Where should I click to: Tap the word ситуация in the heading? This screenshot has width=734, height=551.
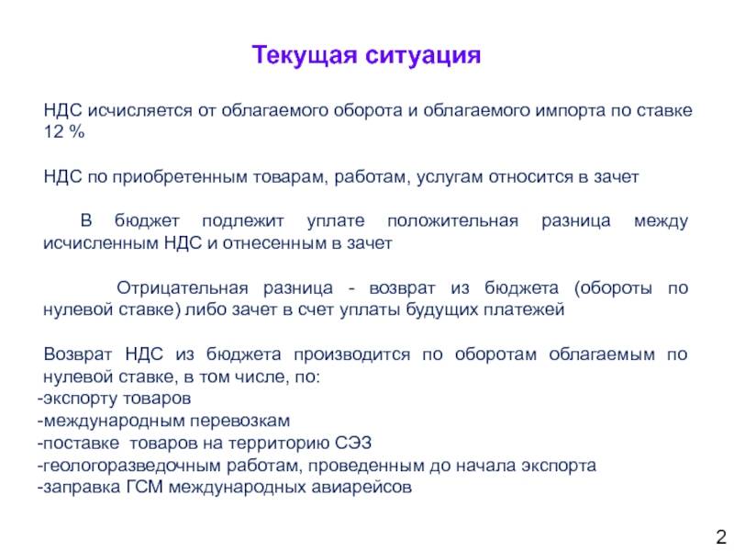pyautogui.click(x=423, y=56)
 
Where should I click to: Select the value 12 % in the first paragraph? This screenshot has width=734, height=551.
pyautogui.click(x=64, y=131)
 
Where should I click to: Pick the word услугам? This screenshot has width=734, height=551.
pyautogui.click(x=450, y=177)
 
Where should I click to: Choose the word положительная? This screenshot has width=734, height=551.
pyautogui.click(x=452, y=221)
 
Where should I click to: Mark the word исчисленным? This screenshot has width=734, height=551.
pyautogui.click(x=101, y=243)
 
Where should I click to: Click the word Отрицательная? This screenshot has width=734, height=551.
pyautogui.click(x=182, y=287)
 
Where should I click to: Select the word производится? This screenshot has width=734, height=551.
pyautogui.click(x=351, y=354)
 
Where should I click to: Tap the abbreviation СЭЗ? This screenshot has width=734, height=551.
pyautogui.click(x=353, y=444)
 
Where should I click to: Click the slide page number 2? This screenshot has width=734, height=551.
pyautogui.click(x=720, y=536)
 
